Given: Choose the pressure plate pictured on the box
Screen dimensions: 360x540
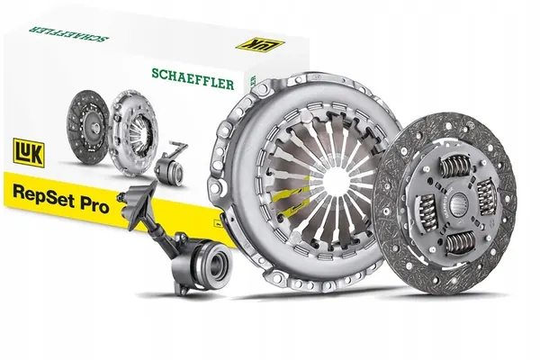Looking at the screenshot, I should (133, 135).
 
